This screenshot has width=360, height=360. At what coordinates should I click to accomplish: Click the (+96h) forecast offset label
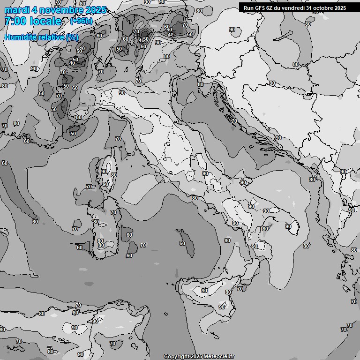tap(81, 21)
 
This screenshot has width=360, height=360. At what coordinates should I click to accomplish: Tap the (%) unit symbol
tap(72, 37)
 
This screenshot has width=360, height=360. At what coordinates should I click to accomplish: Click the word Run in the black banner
tap(248, 7)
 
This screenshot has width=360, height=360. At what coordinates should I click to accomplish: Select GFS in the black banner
tap(260, 7)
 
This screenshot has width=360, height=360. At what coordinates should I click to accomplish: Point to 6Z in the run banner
tap(270, 7)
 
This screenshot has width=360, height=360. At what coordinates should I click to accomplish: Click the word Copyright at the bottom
tap(177, 357)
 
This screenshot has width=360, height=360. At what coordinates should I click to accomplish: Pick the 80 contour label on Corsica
tap(114, 175)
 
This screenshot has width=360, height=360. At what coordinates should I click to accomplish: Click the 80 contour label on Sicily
tap(228, 292)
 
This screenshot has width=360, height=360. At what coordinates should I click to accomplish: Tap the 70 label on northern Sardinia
tap(113, 212)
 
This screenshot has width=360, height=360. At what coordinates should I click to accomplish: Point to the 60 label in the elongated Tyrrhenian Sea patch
tap(182, 243)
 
